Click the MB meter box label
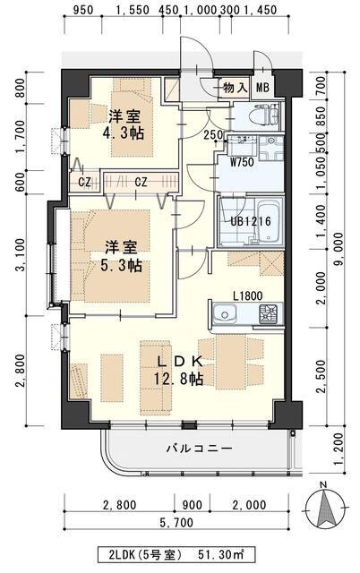pyautogui.click(x=262, y=88)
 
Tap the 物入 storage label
pyautogui.click(x=236, y=88)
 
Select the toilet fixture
pyautogui.click(x=265, y=114)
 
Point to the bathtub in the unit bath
pyautogui.click(x=270, y=222)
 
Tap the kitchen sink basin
pyautogui.click(x=225, y=314)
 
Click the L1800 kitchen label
pyautogui.click(x=248, y=296)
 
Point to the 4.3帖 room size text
pyautogui.click(x=124, y=133)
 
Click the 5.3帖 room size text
pyautogui.click(x=121, y=265)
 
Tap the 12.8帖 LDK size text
pyautogui.click(x=178, y=380)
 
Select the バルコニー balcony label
pyautogui.click(x=200, y=448)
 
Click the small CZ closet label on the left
pyautogui.click(x=84, y=182)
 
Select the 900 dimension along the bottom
pyautogui.click(x=192, y=505)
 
